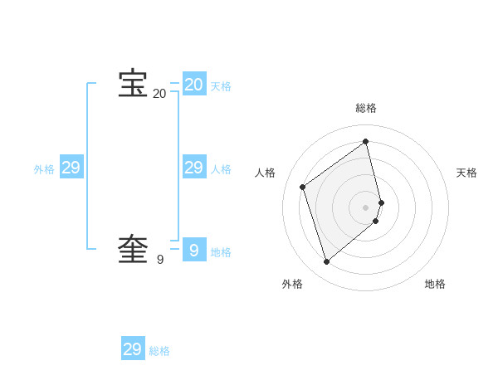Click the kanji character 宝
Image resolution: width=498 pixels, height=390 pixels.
pos(133,84)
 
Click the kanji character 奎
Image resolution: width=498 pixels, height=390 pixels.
pos(133,250)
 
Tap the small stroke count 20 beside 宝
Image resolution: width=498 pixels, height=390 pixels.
pos(159,94)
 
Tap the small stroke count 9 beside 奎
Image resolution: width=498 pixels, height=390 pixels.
pos(160,260)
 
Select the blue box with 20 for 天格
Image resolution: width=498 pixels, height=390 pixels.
pos(194,84)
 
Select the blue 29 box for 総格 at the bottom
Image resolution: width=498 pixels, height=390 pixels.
pos(133,349)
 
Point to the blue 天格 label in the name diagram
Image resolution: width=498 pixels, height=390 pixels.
pos(221,86)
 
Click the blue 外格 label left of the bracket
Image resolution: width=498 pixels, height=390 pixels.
pos(44,169)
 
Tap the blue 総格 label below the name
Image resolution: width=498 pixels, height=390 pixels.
pos(159,352)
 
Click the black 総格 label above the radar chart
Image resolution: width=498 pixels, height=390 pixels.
pos(366,109)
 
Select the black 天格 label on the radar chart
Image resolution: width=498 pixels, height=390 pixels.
pos(466,173)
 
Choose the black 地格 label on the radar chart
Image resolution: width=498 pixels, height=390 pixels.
pos(435,284)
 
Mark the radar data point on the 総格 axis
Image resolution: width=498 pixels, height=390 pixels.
pos(366,142)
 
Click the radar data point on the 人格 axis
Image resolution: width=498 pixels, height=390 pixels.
pos(303,187)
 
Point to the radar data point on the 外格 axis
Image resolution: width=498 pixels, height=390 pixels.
pos(327,262)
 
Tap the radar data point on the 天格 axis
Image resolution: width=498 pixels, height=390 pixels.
pos(381,202)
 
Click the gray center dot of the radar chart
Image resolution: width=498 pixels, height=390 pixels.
pos(366,207)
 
